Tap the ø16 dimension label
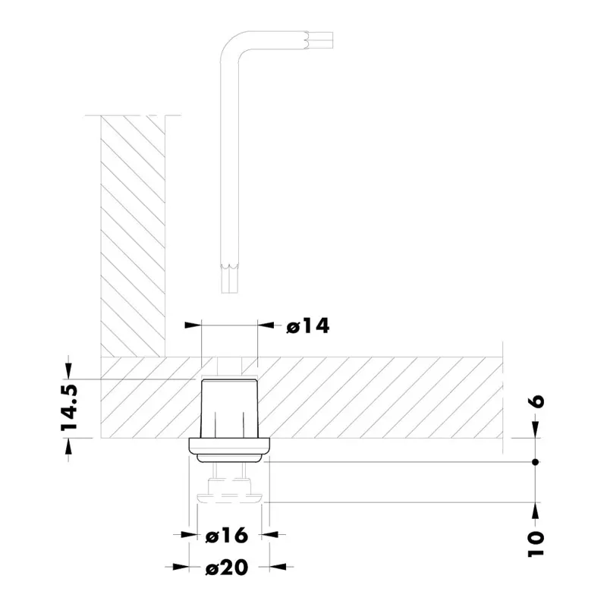(227, 535)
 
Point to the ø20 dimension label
(227, 567)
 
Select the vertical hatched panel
(133, 235)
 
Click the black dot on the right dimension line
(536, 462)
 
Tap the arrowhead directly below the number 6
(536, 431)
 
